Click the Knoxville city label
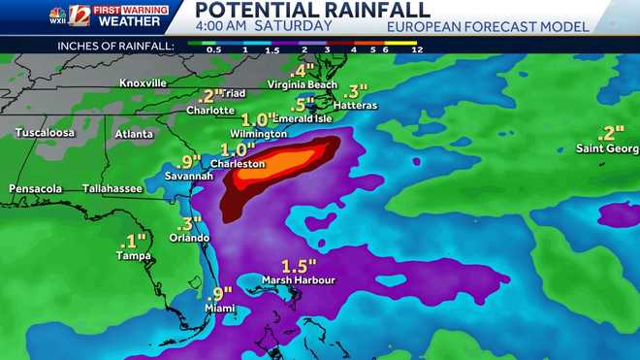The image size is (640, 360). click(144, 82)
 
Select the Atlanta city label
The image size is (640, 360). click(134, 133)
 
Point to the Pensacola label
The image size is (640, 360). click(36, 188)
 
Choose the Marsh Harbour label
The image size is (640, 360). click(303, 280)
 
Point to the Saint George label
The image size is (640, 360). click(608, 148)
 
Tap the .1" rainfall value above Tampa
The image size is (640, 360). click(133, 240)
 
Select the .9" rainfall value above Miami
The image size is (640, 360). click(221, 292)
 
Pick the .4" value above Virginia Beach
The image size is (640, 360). click(303, 70)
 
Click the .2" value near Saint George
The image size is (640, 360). click(612, 133)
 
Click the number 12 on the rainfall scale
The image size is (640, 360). click(417, 48)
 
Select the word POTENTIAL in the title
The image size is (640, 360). click(256, 11)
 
